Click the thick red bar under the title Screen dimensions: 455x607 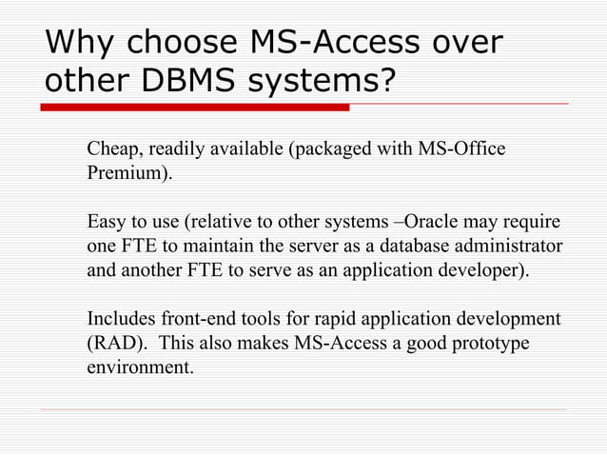click(196, 107)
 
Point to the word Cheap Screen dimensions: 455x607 click(111, 150)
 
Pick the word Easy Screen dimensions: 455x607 click(106, 224)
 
